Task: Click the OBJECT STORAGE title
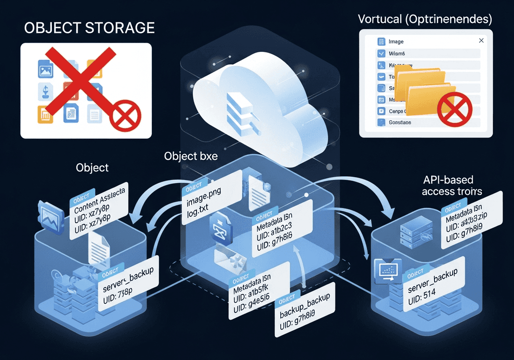tap(89, 28)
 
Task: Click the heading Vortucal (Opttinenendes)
tap(425, 20)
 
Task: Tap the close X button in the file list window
tap(481, 41)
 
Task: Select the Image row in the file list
tap(396, 42)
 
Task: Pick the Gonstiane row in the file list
tap(400, 122)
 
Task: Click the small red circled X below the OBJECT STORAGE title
tap(126, 116)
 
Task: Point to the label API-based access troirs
tap(452, 186)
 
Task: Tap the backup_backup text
tap(305, 303)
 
